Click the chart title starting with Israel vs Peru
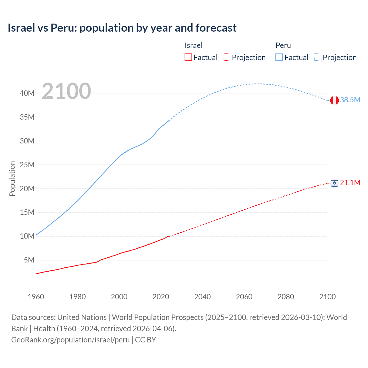pyautogui.click(x=122, y=28)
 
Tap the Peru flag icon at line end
pyautogui.click(x=334, y=100)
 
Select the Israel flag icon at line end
pyautogui.click(x=334, y=183)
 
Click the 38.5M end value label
pyautogui.click(x=350, y=100)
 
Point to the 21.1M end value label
pyautogui.click(x=350, y=183)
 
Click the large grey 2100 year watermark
pyautogui.click(x=66, y=91)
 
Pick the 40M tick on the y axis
pyautogui.click(x=27, y=93)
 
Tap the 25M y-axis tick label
pyautogui.click(x=27, y=165)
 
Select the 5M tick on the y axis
pyautogui.click(x=29, y=260)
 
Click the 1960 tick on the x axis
pyautogui.click(x=36, y=297)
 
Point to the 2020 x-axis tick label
pyautogui.click(x=161, y=297)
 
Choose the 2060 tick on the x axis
pyautogui.click(x=244, y=297)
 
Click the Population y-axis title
pyautogui.click(x=12, y=179)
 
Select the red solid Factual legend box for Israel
pyautogui.click(x=188, y=57)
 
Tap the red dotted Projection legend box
pyautogui.click(x=227, y=57)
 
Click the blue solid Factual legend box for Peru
pyautogui.click(x=279, y=57)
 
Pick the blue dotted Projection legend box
pyautogui.click(x=318, y=57)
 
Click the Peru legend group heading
pyautogui.click(x=283, y=45)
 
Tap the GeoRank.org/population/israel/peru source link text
pyautogui.click(x=70, y=340)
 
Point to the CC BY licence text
pyautogui.click(x=146, y=340)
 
